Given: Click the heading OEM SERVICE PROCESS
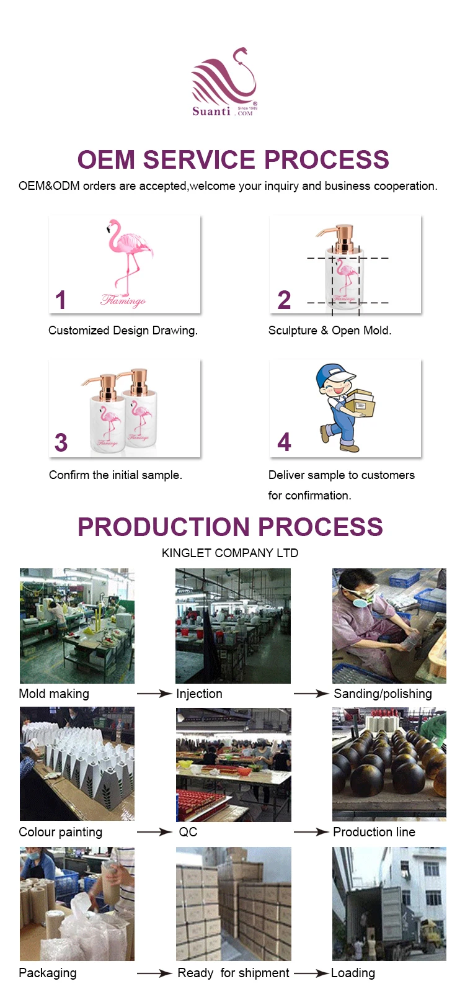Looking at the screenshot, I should [233, 160].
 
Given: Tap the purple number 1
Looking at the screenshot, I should [60, 300].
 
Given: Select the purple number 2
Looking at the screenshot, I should [284, 300].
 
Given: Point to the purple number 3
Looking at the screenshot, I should [61, 443].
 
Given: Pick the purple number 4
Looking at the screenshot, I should [284, 442].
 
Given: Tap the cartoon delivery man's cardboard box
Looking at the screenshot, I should [360, 403].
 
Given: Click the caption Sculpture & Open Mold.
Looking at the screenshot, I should [330, 331].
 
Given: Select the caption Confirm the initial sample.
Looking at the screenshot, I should [115, 475].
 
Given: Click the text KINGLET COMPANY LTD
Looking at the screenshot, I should [230, 553].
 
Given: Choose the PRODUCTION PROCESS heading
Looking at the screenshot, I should [230, 527].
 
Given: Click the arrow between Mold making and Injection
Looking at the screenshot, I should [154, 694].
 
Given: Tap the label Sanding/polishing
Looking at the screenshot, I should [383, 694].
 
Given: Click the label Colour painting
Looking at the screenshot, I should [61, 832].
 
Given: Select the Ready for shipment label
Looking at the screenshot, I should [233, 973].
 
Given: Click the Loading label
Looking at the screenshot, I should [353, 973].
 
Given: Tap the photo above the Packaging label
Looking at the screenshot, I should [77, 903].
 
